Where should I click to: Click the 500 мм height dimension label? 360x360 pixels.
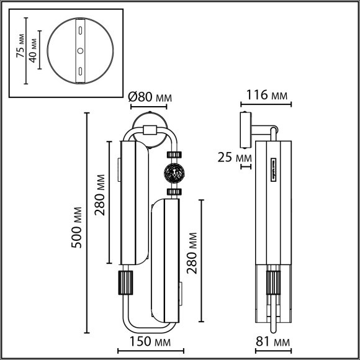76,227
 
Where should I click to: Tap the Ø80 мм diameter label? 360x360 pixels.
150,97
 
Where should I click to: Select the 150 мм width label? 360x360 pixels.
150,341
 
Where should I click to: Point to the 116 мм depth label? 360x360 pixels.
267,95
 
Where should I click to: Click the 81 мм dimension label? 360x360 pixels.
272,341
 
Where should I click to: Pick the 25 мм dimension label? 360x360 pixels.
235,158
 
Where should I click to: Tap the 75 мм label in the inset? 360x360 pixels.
20,46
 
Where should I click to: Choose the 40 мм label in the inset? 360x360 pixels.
33,51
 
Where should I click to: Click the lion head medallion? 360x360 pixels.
174,173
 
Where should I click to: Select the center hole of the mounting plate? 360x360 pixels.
80,51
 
